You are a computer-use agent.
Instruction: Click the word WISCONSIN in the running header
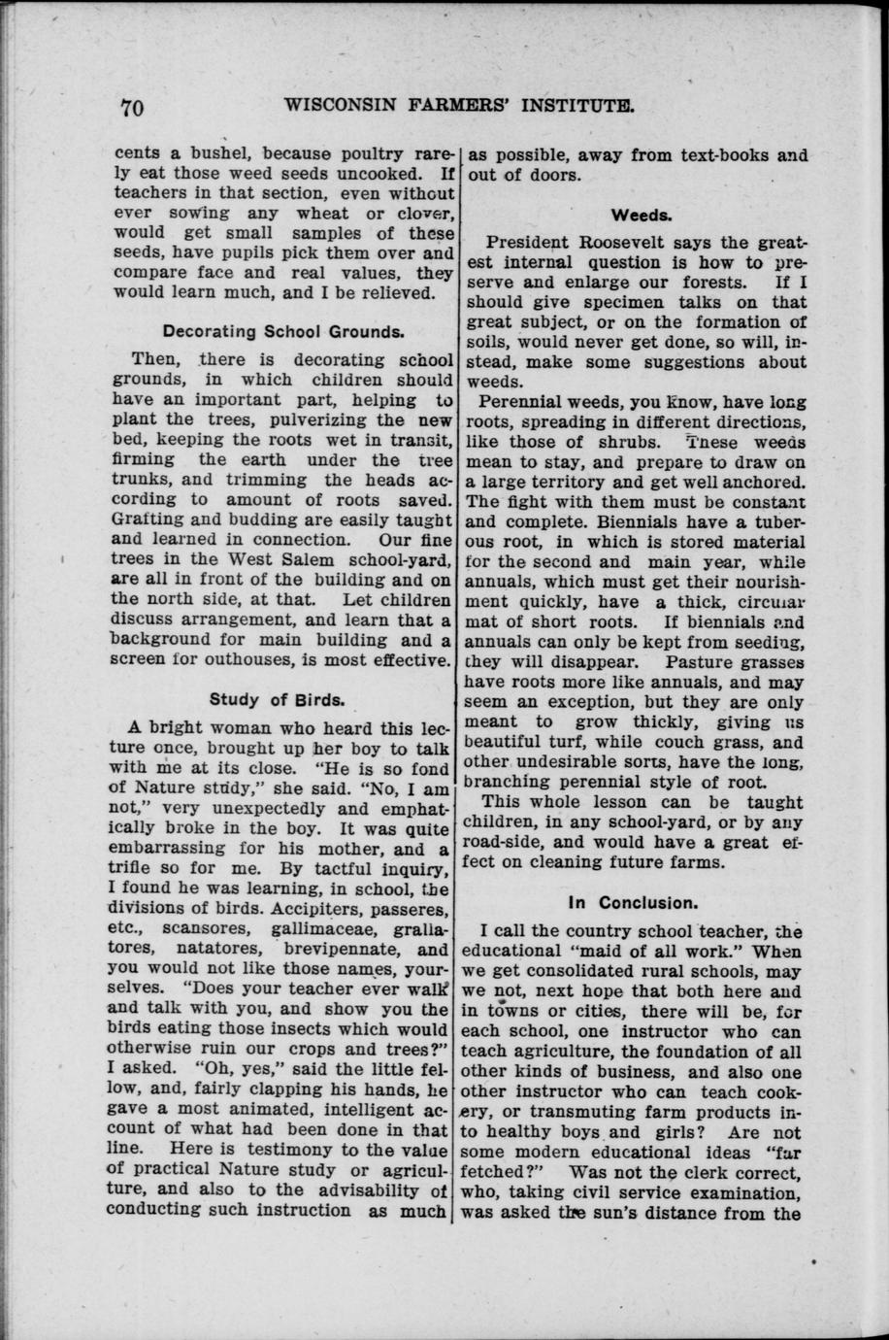(338, 104)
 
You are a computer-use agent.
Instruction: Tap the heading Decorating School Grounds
(283, 331)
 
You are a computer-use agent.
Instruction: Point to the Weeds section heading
(636, 215)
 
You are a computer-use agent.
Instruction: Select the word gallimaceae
(316, 930)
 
